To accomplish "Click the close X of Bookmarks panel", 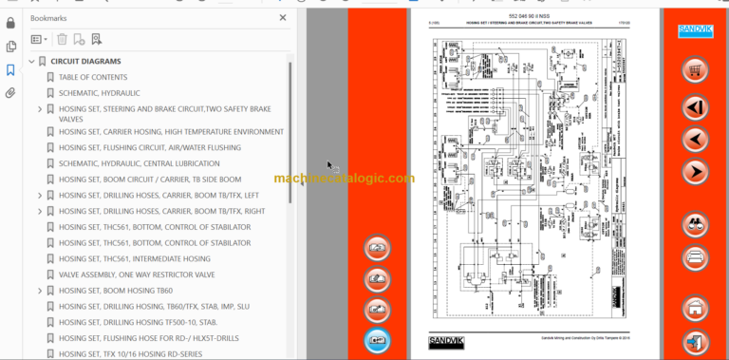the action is click(x=283, y=17).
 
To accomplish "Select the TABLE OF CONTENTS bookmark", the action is click(x=92, y=77).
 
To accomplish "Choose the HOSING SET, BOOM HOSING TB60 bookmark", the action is click(x=116, y=291).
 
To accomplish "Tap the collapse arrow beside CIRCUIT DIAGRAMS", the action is click(x=29, y=62).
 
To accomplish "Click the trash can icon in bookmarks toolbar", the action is click(x=62, y=39).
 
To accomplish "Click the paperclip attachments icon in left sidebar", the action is click(x=10, y=93).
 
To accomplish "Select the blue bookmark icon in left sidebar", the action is click(x=10, y=69).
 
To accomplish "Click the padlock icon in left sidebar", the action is click(x=10, y=21).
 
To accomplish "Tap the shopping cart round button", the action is click(x=696, y=70).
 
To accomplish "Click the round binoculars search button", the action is click(x=696, y=224).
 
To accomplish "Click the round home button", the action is click(x=696, y=308).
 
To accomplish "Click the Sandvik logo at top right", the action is click(x=696, y=31).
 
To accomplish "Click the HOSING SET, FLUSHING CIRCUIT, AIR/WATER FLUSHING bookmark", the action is click(x=149, y=148).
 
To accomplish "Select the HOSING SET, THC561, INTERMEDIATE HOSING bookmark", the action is click(x=134, y=258).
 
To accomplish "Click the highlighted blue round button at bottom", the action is click(x=377, y=338).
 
